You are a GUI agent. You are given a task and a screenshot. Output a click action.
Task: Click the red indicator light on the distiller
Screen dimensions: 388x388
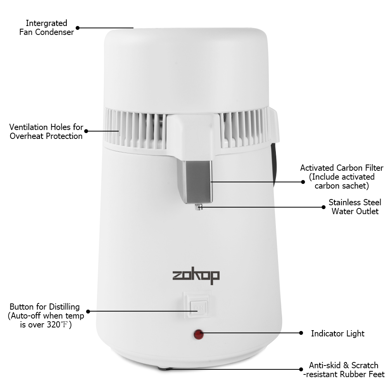click(199, 334)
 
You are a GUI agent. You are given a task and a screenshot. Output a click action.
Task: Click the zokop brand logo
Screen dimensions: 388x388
click(196, 276)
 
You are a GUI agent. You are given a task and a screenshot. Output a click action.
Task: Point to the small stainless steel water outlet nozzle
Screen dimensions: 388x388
click(199, 207)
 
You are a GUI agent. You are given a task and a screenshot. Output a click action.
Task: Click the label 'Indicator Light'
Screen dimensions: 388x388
click(338, 333)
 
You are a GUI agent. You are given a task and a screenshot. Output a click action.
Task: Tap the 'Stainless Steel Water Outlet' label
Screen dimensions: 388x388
click(355, 207)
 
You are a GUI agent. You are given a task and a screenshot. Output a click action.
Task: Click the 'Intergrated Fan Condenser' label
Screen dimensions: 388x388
click(47, 28)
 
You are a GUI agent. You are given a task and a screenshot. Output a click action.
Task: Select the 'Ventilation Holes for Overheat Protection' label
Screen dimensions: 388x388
click(46, 132)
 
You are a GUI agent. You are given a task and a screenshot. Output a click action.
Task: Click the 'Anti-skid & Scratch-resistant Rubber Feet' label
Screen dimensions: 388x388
click(346, 370)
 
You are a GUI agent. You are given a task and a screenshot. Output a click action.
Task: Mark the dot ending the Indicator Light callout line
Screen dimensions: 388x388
click(301, 333)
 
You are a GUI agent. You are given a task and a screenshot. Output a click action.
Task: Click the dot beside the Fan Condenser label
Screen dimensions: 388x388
click(78, 28)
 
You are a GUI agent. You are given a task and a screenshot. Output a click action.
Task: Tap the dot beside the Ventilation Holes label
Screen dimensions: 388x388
click(86, 131)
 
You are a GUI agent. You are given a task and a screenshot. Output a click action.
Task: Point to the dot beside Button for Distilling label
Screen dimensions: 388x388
click(88, 311)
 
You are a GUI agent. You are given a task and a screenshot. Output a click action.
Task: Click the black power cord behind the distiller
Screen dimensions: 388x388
click(274, 163)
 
